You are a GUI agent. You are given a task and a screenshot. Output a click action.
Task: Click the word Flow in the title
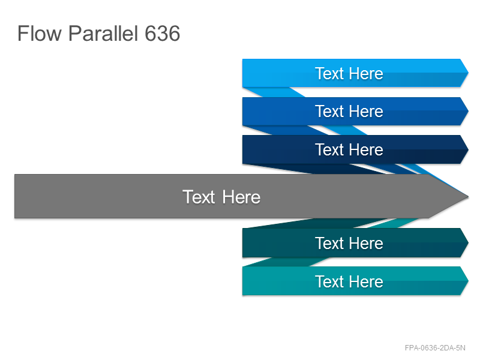40,34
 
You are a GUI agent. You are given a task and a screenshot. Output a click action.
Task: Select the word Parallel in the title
103,34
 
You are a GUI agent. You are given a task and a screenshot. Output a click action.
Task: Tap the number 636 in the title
162,34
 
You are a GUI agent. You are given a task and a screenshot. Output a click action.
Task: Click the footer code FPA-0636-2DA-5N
435,348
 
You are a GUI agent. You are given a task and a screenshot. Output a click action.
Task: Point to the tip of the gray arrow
469,197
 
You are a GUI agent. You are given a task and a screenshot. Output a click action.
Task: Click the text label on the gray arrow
221,197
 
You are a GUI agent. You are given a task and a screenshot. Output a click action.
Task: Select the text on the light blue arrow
349,73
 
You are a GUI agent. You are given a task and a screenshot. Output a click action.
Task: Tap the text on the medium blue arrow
349,111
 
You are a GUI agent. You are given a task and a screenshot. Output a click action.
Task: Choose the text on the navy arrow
349,149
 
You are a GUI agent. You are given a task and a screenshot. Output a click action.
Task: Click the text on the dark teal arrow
349,244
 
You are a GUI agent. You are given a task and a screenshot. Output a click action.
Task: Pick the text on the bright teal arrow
349,281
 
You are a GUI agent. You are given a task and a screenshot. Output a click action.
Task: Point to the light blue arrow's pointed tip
468,73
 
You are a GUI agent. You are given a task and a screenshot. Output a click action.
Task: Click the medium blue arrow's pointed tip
468,111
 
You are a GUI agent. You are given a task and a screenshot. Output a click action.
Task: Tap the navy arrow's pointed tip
468,149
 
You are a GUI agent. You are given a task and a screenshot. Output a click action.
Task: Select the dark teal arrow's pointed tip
468,243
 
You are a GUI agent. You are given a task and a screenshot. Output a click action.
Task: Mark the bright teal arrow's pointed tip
468,281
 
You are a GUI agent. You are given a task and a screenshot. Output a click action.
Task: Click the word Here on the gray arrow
241,197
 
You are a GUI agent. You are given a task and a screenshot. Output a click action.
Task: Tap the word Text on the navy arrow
329,149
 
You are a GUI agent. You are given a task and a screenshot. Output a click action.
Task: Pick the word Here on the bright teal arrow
366,281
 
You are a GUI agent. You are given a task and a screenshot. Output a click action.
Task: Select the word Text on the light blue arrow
329,73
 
